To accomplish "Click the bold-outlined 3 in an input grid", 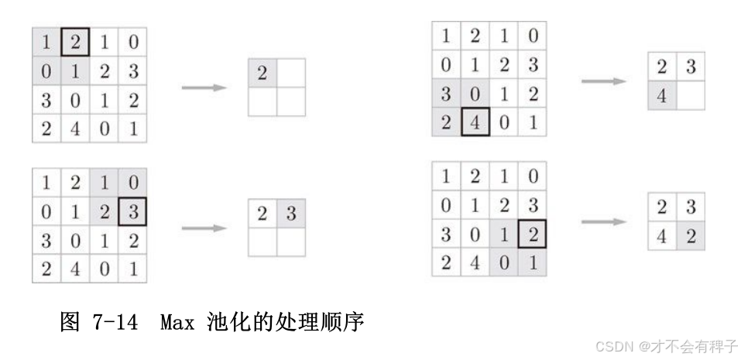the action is pos(132,211).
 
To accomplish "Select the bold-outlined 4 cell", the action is pos(475,122).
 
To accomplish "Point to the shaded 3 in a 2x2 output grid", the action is pos(291,213).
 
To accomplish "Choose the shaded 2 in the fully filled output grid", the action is pos(691,236).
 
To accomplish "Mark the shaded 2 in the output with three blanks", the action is pos(262,73).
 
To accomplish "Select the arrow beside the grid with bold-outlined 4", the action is pos(603,81).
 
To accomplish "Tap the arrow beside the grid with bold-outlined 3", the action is pos(204,228).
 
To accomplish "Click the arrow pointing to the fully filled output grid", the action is pos(603,221).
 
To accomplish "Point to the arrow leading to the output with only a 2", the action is pos(204,87).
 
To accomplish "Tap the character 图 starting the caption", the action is pos(70,322).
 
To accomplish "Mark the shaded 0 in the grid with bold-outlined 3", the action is pos(132,183).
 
